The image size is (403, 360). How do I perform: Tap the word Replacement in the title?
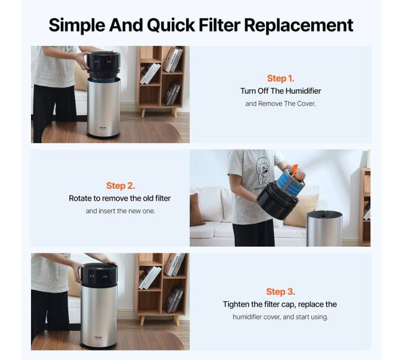coord(299,25)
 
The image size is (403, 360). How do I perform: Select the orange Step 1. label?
coord(280,78)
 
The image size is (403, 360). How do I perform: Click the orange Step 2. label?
coord(120,186)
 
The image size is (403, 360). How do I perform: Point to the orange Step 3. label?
coord(281,292)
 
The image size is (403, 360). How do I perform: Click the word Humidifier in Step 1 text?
coord(303,91)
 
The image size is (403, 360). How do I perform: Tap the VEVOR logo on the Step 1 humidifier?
coord(103,126)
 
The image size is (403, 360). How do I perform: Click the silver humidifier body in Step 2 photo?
coord(324,228)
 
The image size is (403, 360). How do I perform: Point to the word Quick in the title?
coord(170,25)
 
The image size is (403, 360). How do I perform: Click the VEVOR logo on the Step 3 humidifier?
coord(98,337)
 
